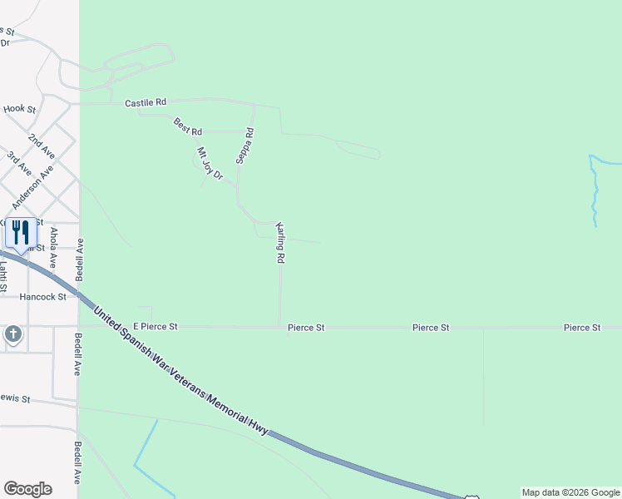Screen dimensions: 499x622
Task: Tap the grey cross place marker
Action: click(13, 335)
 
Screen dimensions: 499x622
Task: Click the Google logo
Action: click(27, 489)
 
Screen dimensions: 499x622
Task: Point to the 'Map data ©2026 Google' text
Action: click(570, 492)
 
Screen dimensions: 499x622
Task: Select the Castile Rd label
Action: click(146, 102)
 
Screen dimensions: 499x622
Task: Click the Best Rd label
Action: click(188, 126)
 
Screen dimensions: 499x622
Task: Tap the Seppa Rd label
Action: click(244, 146)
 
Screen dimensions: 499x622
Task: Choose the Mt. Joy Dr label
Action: click(210, 163)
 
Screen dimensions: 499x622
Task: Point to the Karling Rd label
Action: click(281, 243)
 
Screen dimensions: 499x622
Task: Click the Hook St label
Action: click(19, 109)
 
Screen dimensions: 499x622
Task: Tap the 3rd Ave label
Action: click(19, 163)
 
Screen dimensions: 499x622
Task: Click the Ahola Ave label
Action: click(54, 246)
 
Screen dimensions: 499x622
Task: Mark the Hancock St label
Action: click(43, 296)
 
